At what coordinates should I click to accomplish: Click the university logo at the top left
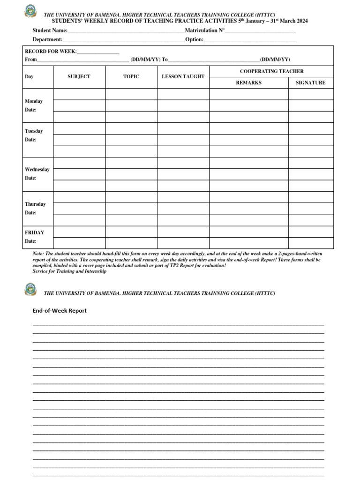(x=30, y=10)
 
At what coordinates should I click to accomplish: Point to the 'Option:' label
(x=194, y=40)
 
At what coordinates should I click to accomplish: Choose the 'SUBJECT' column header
(x=79, y=76)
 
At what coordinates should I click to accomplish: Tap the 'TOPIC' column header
(x=131, y=76)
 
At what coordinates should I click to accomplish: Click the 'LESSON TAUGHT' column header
(x=183, y=76)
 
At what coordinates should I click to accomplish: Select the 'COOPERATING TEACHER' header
(x=271, y=71)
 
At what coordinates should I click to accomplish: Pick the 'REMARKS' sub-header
(x=248, y=82)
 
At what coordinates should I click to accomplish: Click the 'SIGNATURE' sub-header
(x=310, y=82)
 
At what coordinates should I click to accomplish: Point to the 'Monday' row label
(x=34, y=101)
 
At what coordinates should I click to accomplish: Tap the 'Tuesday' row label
(x=34, y=131)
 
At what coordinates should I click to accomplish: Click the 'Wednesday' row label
(x=37, y=170)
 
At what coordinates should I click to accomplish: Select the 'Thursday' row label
(x=35, y=204)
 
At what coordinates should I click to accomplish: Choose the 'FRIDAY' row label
(x=34, y=232)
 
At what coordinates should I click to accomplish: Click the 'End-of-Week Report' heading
(x=60, y=311)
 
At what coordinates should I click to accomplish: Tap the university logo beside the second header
(x=30, y=289)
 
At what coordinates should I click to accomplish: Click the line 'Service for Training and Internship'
(x=69, y=271)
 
